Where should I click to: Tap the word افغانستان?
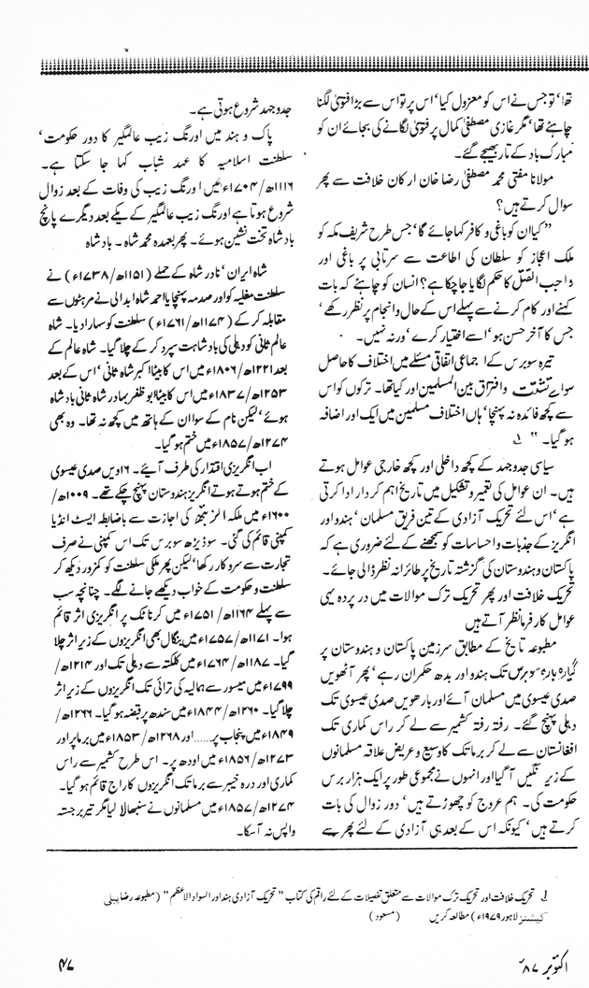pyautogui.click(x=542, y=709)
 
